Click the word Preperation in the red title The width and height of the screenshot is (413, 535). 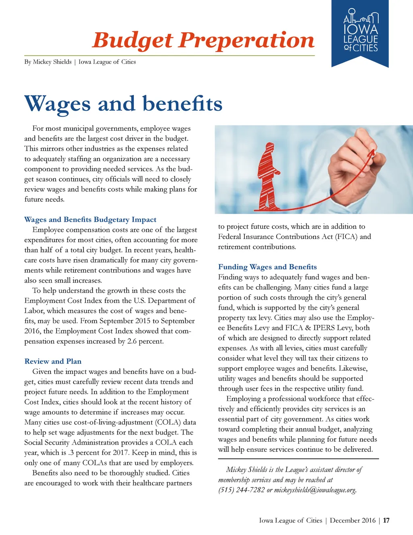tap(246, 41)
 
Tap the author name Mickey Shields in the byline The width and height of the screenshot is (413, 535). tap(52, 62)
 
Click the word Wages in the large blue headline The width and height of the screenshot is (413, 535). tap(58, 104)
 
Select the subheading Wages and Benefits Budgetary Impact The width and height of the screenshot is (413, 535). tap(90, 220)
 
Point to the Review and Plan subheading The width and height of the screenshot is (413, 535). tap(53, 361)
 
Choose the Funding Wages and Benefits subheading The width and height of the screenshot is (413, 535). tap(267, 267)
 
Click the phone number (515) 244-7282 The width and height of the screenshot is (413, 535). tap(242, 490)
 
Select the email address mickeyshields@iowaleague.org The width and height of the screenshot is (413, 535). tap(315, 490)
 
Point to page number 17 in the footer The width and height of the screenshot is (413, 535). tap(386, 520)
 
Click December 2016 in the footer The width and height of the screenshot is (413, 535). tap(353, 520)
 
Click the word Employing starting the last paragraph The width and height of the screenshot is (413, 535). tap(244, 399)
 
